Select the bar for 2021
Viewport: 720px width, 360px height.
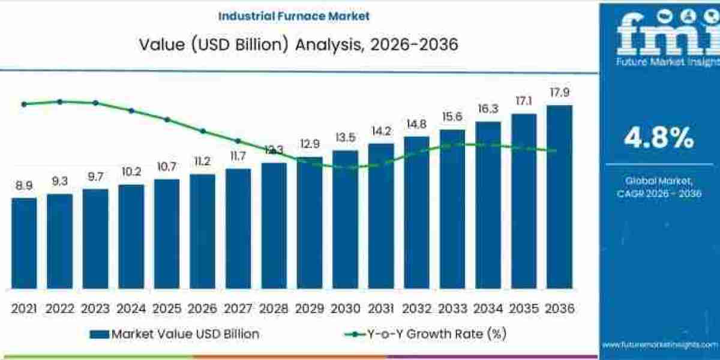click(x=24, y=243)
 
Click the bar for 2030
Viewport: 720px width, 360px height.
click(x=345, y=219)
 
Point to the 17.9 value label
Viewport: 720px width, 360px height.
click(x=559, y=92)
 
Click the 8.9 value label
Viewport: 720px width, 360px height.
click(x=24, y=186)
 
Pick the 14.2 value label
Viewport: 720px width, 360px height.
click(x=381, y=131)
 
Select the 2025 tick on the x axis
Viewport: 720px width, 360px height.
click(x=167, y=308)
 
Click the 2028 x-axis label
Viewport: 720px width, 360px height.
click(x=274, y=308)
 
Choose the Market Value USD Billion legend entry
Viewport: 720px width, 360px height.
click(x=175, y=334)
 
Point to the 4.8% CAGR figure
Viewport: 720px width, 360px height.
click(x=659, y=139)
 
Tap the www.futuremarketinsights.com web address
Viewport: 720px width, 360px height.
click(x=659, y=345)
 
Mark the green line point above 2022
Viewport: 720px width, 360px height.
click(x=59, y=101)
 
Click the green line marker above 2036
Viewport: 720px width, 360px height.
click(x=553, y=151)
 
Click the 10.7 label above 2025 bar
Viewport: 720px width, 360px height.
click(x=167, y=167)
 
